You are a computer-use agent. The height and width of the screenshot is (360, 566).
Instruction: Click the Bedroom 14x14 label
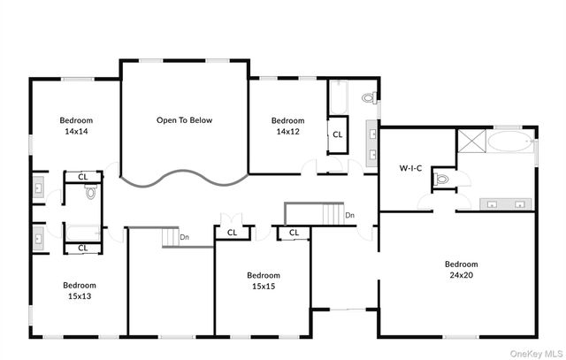point(76,126)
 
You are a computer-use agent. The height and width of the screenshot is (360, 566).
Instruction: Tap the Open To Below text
point(185,120)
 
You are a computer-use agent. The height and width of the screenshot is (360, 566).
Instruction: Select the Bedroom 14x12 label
point(287,126)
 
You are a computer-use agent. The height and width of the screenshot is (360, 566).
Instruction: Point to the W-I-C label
point(411,167)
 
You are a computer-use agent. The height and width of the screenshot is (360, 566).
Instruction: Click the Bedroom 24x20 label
point(461,269)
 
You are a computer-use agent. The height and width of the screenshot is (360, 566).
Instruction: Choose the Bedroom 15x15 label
point(263,280)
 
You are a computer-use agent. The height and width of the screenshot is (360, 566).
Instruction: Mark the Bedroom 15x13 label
point(80,290)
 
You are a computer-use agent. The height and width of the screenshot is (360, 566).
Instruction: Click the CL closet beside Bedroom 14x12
point(338,134)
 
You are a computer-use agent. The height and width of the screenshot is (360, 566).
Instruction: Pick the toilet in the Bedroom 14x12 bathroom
point(370,97)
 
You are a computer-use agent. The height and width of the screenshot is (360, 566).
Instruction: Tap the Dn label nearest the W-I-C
point(350,215)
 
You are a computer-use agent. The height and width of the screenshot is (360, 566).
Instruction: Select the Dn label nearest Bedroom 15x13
point(184,237)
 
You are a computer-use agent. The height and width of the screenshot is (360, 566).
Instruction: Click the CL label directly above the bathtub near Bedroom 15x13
point(82,248)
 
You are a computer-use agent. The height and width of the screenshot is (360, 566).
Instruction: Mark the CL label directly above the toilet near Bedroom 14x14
point(82,176)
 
